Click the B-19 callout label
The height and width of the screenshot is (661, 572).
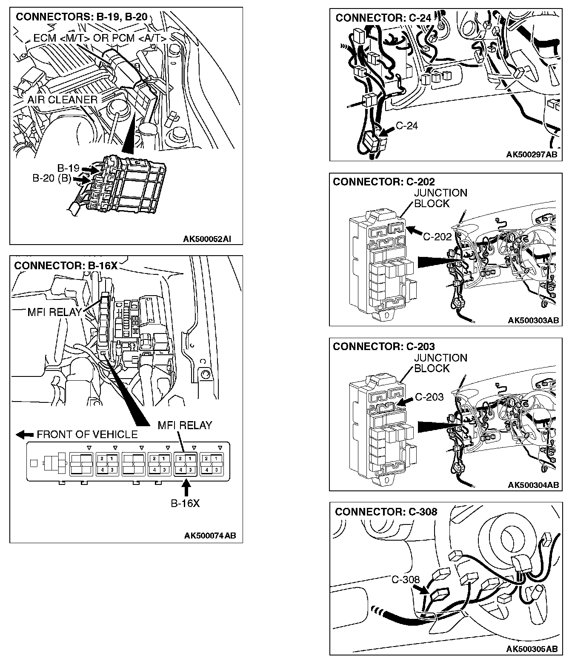coord(68,168)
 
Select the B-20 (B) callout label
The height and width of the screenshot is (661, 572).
coord(52,178)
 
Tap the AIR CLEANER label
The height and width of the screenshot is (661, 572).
coord(63,100)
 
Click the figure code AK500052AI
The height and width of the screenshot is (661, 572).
coord(207,239)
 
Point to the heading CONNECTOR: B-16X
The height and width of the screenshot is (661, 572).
coord(66,265)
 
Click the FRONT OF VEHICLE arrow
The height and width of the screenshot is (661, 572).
coord(25,434)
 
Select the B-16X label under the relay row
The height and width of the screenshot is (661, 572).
coord(185,503)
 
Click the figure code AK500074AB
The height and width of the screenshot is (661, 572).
coord(210,536)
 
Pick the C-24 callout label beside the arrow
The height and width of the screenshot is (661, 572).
coord(407,125)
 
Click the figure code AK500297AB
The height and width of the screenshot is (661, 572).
coord(532,155)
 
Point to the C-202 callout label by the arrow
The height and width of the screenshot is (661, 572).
coord(437,236)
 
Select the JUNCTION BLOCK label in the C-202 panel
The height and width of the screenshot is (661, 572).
coord(440,198)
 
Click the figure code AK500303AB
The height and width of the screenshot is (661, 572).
coord(533,320)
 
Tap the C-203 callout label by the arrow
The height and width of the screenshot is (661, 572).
coord(429,397)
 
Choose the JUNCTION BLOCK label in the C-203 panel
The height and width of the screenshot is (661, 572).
coord(440,363)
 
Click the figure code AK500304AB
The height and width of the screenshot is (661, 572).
coord(533,485)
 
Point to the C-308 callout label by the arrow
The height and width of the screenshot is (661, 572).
coord(405,580)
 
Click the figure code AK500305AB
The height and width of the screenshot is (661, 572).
coord(532,649)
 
